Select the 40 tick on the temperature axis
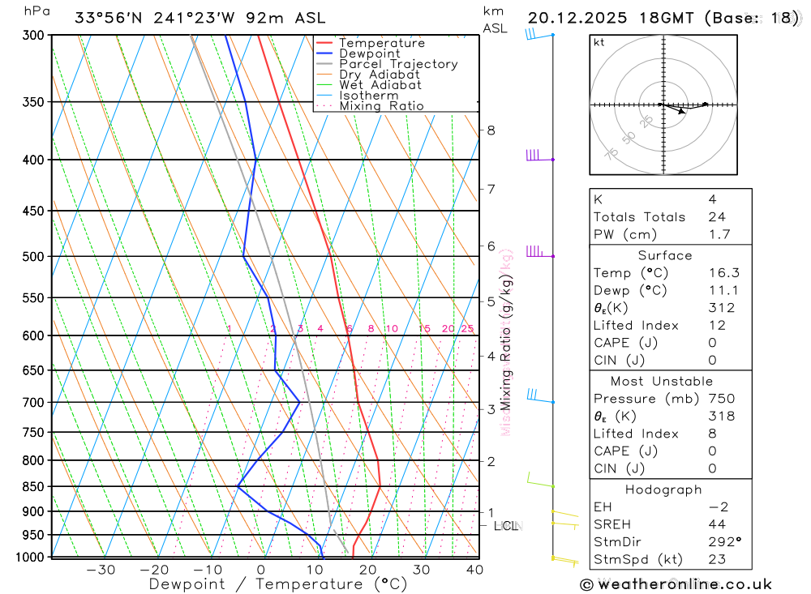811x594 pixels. (x=474, y=570)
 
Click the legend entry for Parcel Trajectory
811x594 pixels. (x=398, y=64)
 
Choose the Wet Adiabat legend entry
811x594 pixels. (x=380, y=85)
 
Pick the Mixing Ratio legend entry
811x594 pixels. (x=381, y=106)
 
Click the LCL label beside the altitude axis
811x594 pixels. (x=505, y=526)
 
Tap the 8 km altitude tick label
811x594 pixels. (x=491, y=130)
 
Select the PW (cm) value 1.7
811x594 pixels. (x=719, y=234)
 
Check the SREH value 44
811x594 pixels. (x=716, y=524)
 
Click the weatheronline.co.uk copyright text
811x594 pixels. (x=676, y=584)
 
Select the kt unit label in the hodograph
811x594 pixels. (x=599, y=43)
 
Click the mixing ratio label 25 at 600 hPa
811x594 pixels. (x=467, y=328)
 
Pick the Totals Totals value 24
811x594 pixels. (x=716, y=216)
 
